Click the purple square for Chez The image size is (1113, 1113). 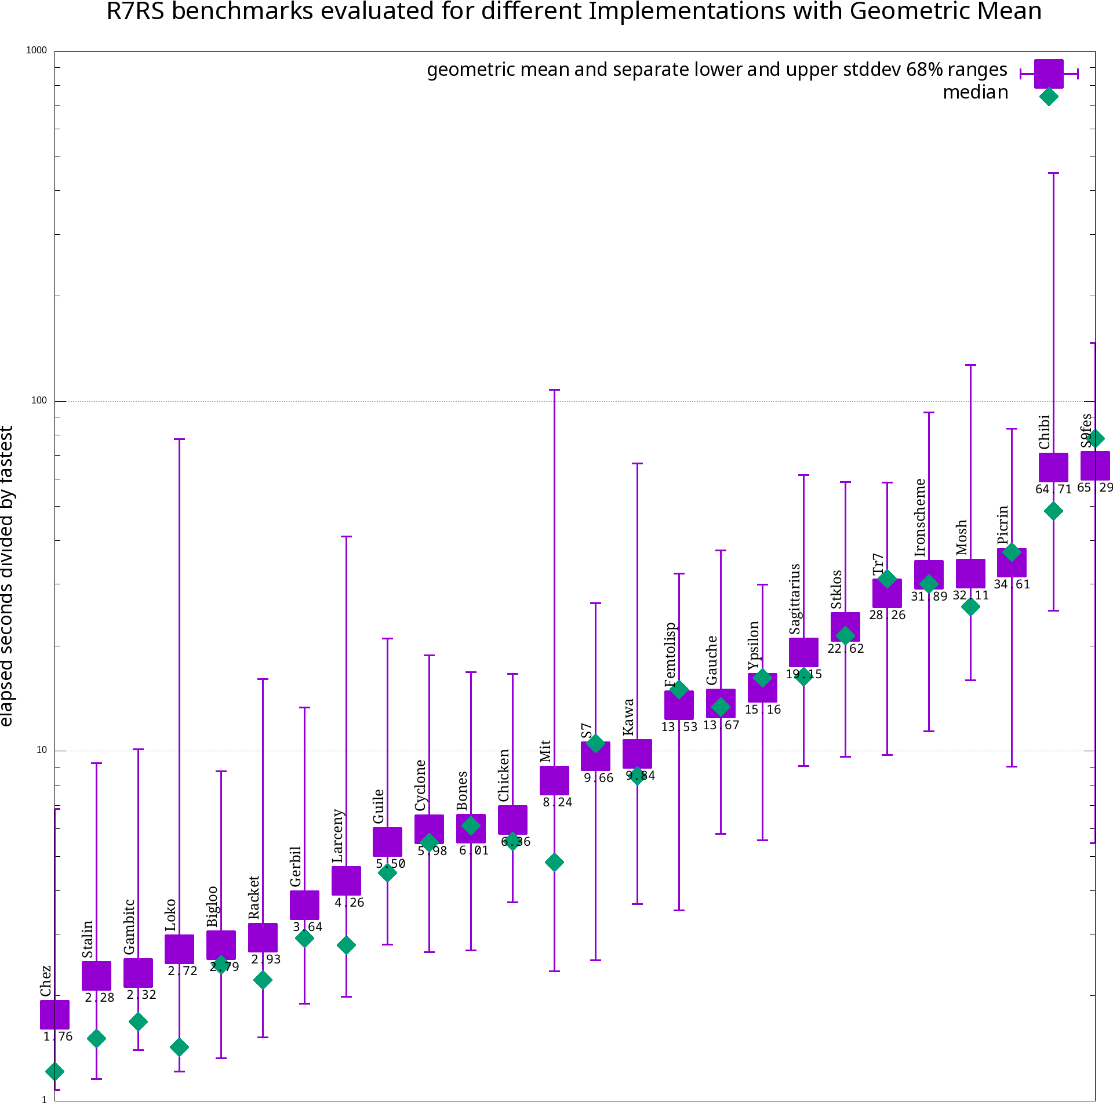pos(54,1014)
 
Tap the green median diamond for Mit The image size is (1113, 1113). pos(554,862)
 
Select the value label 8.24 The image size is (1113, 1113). pos(557,802)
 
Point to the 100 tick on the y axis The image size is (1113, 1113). pos(38,401)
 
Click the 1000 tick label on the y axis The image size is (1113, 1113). pos(36,50)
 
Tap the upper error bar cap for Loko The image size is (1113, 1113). pos(180,439)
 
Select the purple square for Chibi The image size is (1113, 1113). pos(1053,467)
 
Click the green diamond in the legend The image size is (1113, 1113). pos(1049,96)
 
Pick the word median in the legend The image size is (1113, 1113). pos(975,92)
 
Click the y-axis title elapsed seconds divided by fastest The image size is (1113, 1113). pos(7,576)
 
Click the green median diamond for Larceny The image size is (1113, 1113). pos(346,945)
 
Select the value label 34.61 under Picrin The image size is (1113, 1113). pos(1012,584)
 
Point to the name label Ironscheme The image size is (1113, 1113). pos(920,518)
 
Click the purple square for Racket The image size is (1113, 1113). pos(263,937)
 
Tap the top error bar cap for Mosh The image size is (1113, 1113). pos(970,365)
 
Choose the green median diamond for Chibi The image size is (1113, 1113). pos(1053,511)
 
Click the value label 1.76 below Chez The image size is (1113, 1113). pos(58,1036)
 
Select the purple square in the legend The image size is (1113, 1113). pos(1049,74)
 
